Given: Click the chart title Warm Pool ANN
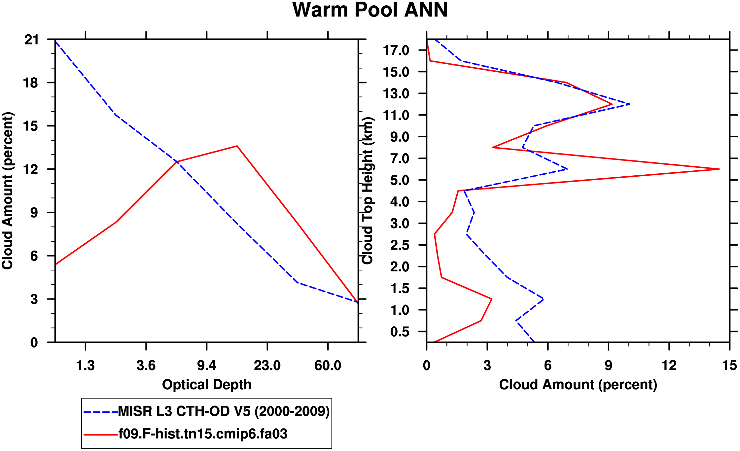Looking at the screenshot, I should pyautogui.click(x=370, y=10).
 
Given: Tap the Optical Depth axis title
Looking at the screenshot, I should pyautogui.click(x=207, y=385).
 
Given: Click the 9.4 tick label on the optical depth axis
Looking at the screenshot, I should pyautogui.click(x=207, y=365).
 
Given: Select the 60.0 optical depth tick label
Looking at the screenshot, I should pyautogui.click(x=328, y=365).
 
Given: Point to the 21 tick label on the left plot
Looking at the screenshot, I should pyautogui.click(x=32, y=40).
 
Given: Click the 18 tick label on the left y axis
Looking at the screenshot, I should pyautogui.click(x=32, y=83).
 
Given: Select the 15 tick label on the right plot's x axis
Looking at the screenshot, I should pyautogui.click(x=729, y=365).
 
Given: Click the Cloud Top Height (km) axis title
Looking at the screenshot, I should pyautogui.click(x=368, y=191).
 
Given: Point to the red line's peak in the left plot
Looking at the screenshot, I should pyautogui.click(x=237, y=146).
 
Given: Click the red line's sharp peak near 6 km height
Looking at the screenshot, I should pyautogui.click(x=719, y=169).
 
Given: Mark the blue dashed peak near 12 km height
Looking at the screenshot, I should pyautogui.click(x=630, y=104).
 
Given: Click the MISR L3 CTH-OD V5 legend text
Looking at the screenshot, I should pyautogui.click(x=224, y=411).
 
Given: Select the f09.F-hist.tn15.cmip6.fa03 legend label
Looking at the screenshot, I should pyautogui.click(x=203, y=434).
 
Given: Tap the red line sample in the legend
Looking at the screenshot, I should pyautogui.click(x=101, y=434).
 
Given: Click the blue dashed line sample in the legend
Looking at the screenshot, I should pyautogui.click(x=101, y=412).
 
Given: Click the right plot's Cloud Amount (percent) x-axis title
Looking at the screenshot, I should pyautogui.click(x=578, y=385).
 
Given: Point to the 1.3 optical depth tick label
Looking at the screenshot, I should pyautogui.click(x=85, y=365).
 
